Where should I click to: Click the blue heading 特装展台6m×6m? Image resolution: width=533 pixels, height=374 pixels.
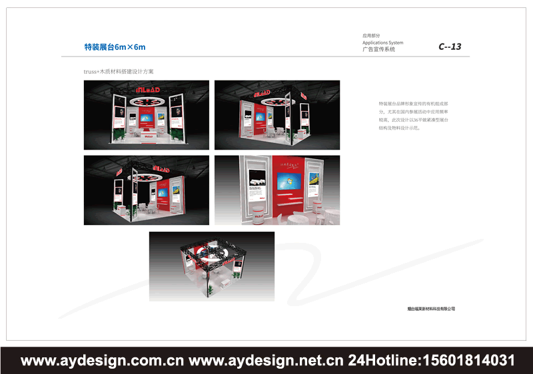click(x=115, y=47)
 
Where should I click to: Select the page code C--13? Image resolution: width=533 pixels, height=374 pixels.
click(x=450, y=47)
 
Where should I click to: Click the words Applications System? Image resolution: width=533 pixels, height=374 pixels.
click(x=382, y=43)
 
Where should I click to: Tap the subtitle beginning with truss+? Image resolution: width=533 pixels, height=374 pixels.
click(x=119, y=71)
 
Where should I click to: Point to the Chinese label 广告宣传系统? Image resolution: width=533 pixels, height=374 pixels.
click(x=378, y=49)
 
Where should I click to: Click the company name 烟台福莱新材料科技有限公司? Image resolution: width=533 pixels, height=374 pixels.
click(x=430, y=309)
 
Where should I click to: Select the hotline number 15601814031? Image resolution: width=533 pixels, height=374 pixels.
click(x=466, y=361)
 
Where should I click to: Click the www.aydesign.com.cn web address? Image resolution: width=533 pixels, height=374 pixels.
click(x=103, y=361)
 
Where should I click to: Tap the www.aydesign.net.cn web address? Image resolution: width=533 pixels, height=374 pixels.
click(x=266, y=361)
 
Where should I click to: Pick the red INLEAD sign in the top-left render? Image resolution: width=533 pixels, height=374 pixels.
click(x=146, y=89)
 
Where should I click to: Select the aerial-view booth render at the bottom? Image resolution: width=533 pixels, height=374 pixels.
click(x=211, y=266)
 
